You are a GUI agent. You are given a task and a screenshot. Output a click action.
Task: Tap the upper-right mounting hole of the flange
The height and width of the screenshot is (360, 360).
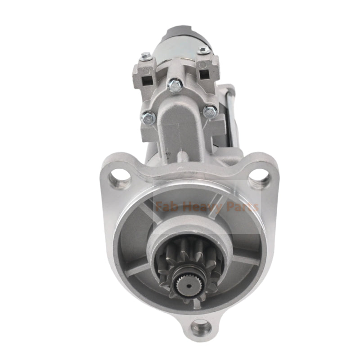coord(257,177)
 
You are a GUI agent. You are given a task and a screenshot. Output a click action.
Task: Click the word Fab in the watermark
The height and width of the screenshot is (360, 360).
coord(166,207)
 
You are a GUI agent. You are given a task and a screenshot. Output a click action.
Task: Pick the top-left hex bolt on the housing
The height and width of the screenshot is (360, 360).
coord(145,56)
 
